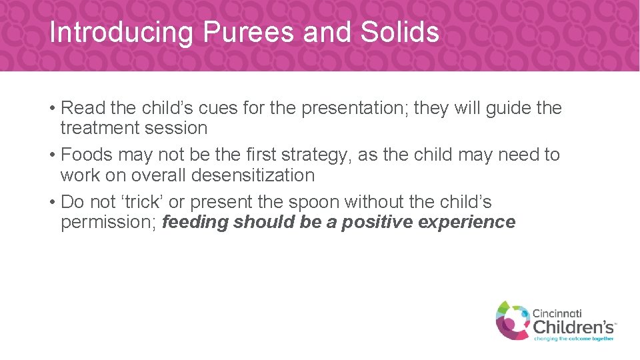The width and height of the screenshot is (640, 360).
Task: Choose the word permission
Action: click(x=108, y=222)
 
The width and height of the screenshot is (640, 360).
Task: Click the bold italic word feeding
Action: click(x=195, y=222)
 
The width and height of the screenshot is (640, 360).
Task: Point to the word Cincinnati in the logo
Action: click(x=565, y=312)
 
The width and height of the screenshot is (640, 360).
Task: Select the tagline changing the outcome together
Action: click(x=573, y=338)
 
